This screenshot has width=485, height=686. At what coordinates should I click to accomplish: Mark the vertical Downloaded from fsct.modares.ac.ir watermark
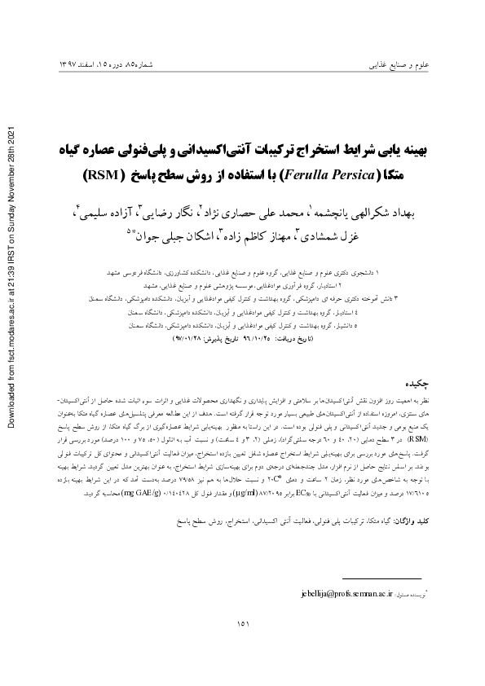pyautogui.click(x=11, y=273)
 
